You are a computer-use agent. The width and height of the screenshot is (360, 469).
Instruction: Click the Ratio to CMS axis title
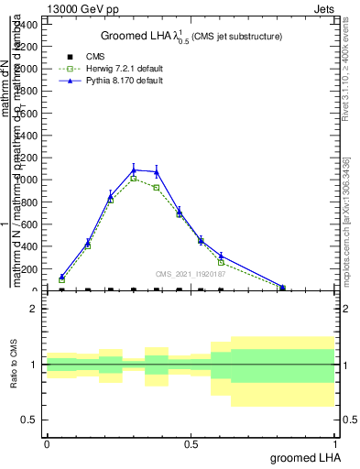pyautogui.click(x=15, y=365)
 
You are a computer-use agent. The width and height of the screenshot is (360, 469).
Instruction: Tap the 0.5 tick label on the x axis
pyautogui.click(x=191, y=444)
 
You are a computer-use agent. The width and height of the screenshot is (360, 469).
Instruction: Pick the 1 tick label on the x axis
pyautogui.click(x=334, y=444)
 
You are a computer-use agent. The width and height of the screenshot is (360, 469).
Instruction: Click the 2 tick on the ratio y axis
pyautogui.click(x=34, y=309)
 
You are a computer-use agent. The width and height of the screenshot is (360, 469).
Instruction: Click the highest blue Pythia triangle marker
pyautogui.click(x=134, y=169)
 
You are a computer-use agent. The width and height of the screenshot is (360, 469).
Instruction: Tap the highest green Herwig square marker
pyautogui.click(x=134, y=179)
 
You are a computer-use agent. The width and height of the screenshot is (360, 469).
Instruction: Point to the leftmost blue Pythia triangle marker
pyautogui.click(x=61, y=277)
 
